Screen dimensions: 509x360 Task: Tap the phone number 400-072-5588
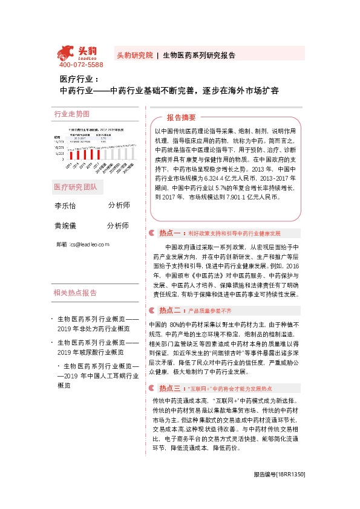coord(81,65)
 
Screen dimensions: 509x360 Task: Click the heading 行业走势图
coord(72,114)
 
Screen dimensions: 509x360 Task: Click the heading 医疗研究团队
coord(79,187)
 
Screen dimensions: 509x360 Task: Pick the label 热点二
coord(170,311)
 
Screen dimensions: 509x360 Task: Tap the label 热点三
coord(170,388)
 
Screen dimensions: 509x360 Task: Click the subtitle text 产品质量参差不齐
coord(210,311)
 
